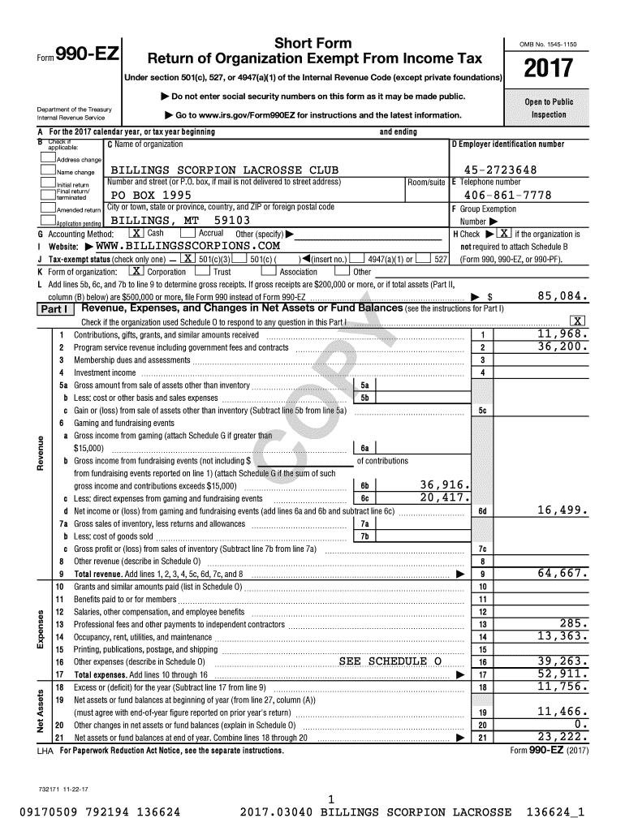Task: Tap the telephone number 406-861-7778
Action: click(x=507, y=196)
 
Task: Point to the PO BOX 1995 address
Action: click(x=151, y=196)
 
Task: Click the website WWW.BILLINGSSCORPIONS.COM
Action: click(x=187, y=245)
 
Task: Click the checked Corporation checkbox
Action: click(x=136, y=272)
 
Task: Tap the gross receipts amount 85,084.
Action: click(x=563, y=297)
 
